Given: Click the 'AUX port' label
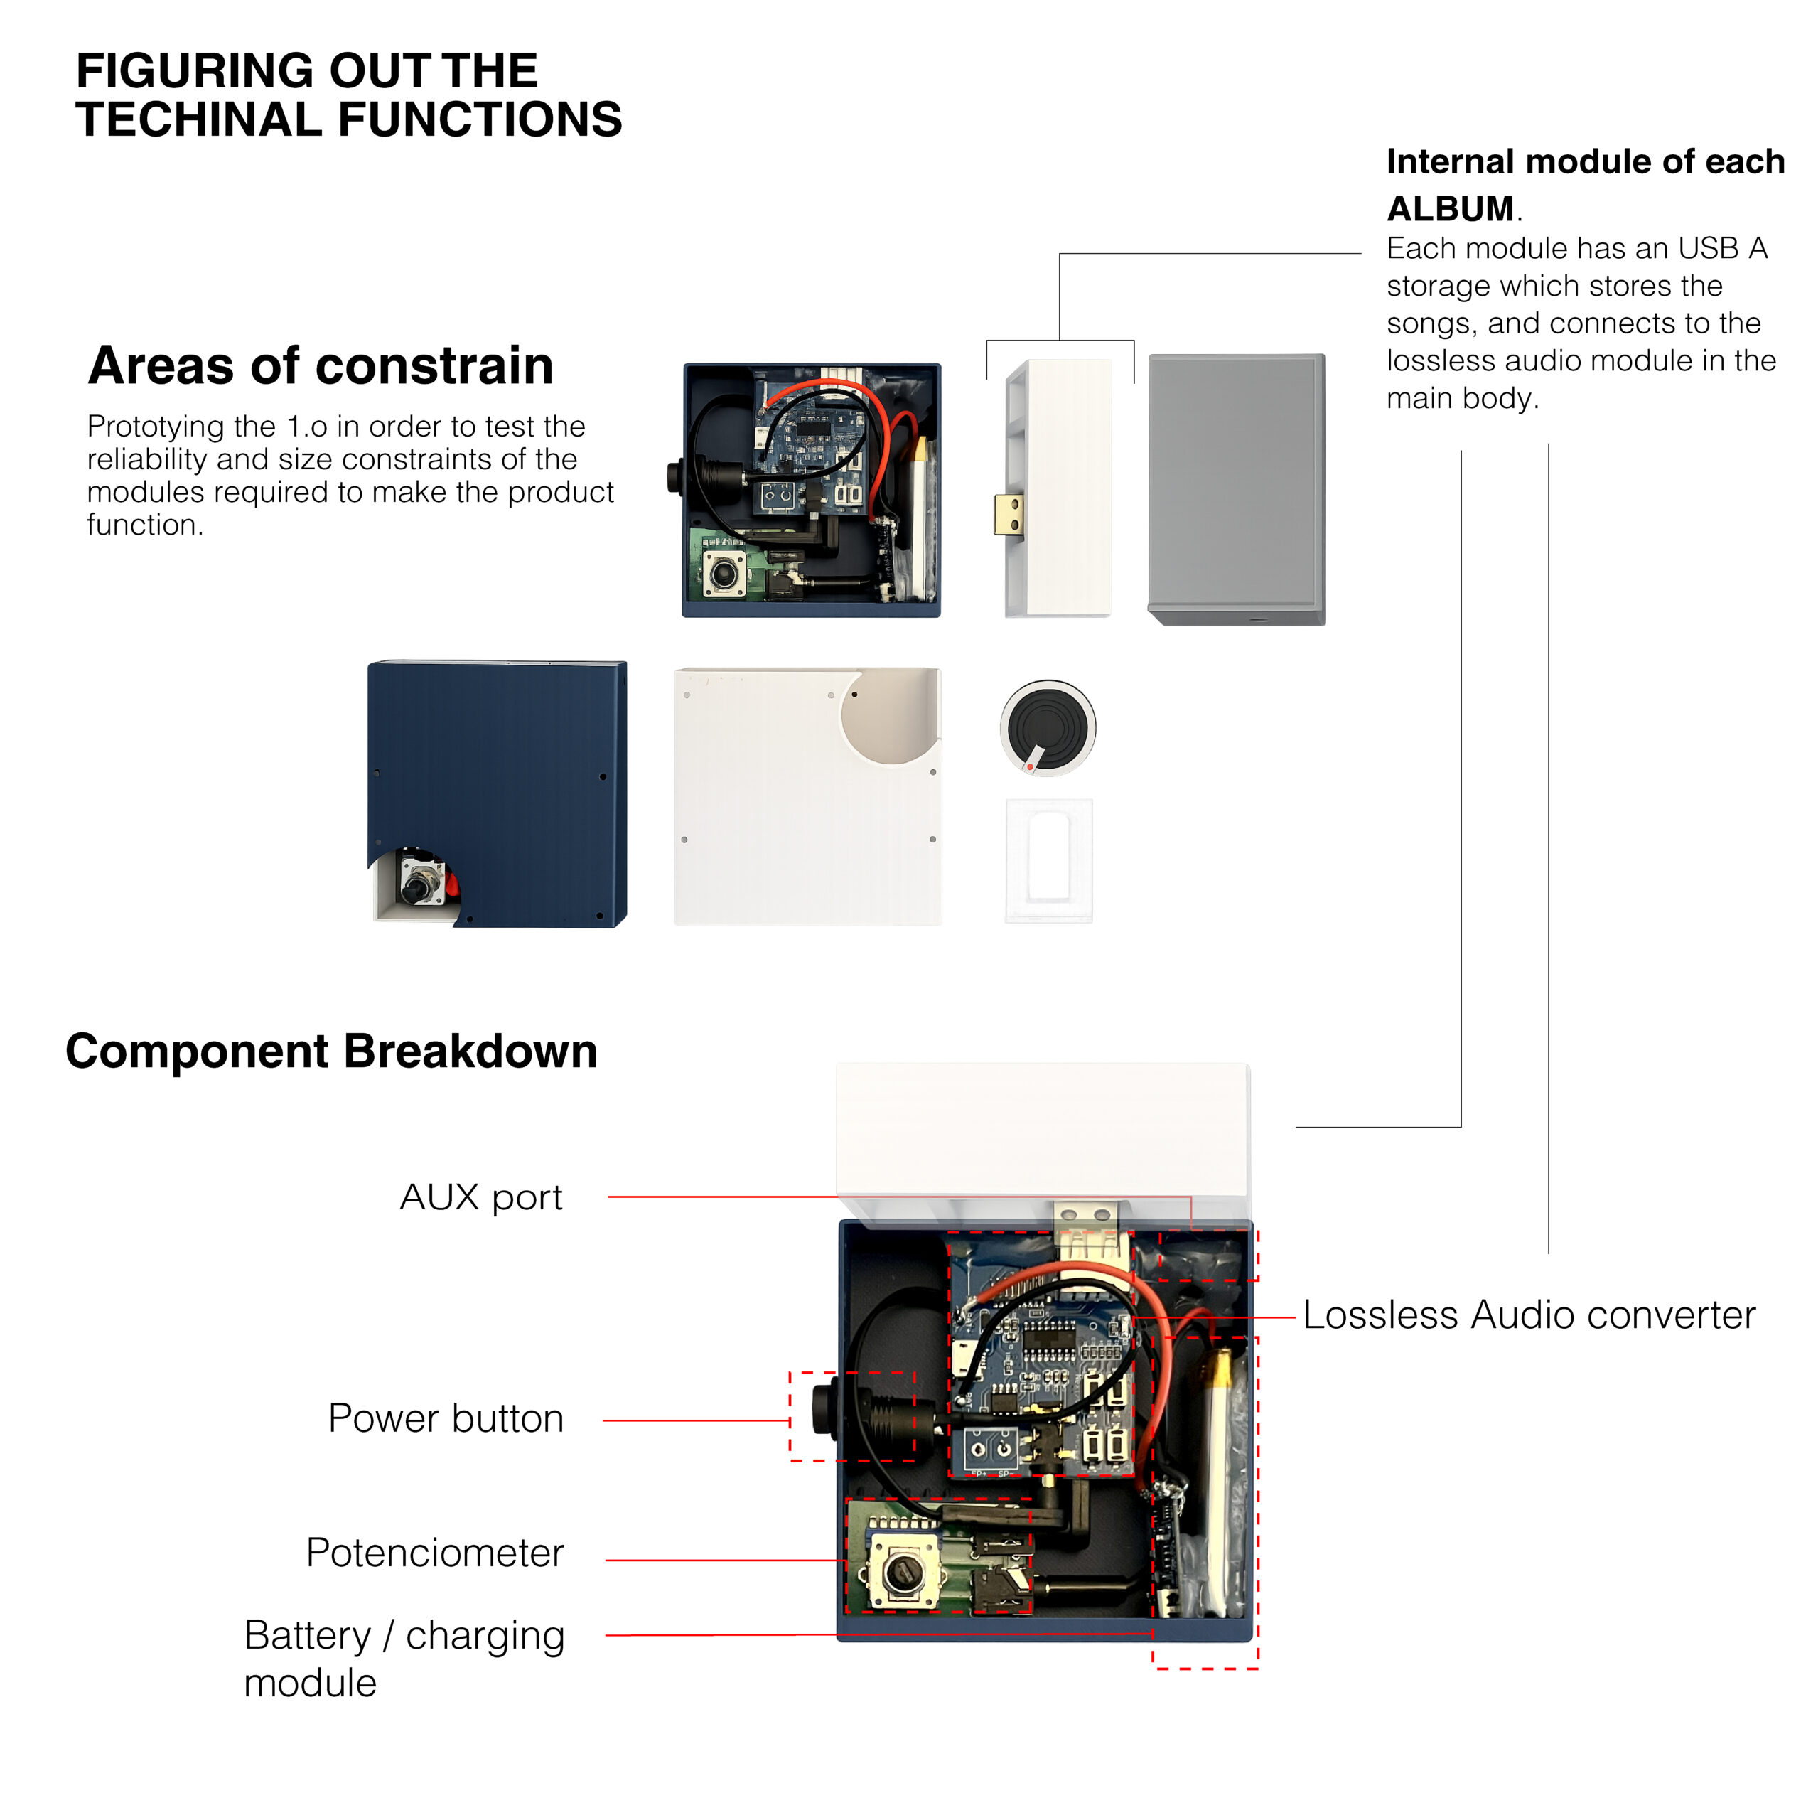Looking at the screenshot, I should pos(480,1197).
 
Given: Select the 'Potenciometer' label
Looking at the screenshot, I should pos(434,1553).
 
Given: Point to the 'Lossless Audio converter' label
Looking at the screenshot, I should pos(1529,1315).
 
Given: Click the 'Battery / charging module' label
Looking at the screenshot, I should pos(403,1659).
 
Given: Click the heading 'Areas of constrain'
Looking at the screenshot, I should pos(321,365).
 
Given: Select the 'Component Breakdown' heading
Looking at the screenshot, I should pos(330,1051).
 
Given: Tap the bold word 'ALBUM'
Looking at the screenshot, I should pos(1449,208).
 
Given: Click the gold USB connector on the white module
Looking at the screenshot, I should pos(1007,515).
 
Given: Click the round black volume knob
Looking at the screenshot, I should pos(1048,727).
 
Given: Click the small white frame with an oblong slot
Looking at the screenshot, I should pos(1048,860).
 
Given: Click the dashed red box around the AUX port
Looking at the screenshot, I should pos(1208,1254).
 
